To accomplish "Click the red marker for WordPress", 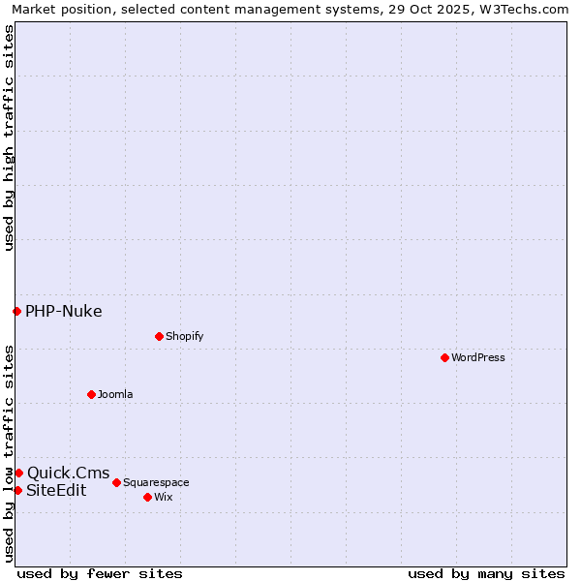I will coord(444,357).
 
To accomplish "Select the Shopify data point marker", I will coord(159,336).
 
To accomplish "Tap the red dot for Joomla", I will coord(91,394).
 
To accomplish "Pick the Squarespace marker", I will coord(116,482).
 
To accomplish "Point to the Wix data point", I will coord(147,497).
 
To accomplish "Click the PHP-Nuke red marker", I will coord(16,311).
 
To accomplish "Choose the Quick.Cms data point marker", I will coord(18,473).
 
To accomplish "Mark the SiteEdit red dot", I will coord(17,490).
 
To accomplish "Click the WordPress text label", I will coord(478,357).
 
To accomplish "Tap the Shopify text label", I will coord(185,336).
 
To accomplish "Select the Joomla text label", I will coord(115,394).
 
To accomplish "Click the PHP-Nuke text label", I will coord(64,311).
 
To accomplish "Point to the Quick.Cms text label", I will coord(69,473).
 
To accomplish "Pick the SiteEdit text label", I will coord(56,490).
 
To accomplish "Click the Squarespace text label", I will coord(156,482).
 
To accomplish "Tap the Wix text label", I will coord(164,497).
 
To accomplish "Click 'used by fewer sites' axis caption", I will coord(100,573).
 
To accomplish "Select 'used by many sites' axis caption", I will coord(486,573).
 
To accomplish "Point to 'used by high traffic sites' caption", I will coord(9,138).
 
